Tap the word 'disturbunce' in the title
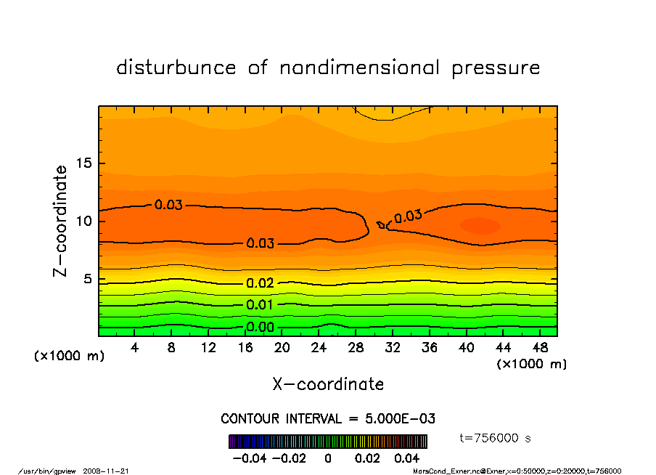[x=176, y=68]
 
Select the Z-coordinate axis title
[x=60, y=220]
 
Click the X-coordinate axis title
[x=328, y=384]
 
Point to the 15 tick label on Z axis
[x=83, y=163]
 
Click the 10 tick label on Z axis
[x=83, y=221]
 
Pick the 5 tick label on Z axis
[x=87, y=279]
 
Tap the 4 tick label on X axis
[x=135, y=348]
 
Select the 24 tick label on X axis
[x=319, y=348]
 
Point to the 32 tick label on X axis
[x=392, y=348]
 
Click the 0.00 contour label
[x=261, y=328]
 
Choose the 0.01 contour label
[x=261, y=304]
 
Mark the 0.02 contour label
[x=261, y=283]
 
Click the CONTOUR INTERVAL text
[x=328, y=419]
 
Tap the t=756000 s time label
[x=496, y=438]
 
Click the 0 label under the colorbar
[x=328, y=458]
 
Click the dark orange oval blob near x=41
[x=480, y=226]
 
